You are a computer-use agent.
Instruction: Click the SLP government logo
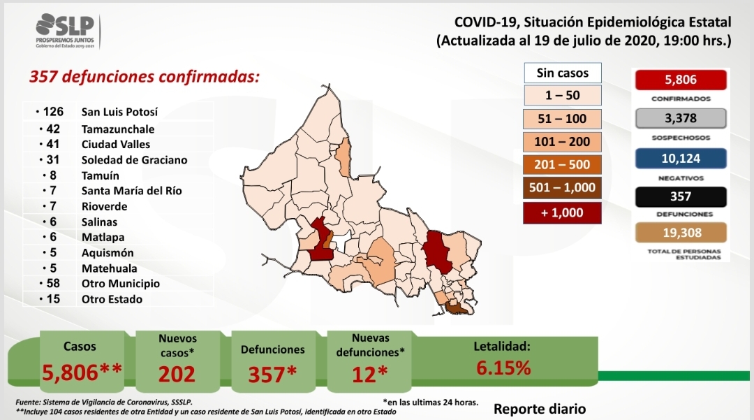pos(66,31)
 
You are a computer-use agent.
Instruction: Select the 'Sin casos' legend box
pos(563,73)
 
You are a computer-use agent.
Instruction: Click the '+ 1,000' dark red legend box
pos(562,212)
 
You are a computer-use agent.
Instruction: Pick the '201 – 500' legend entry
pos(562,164)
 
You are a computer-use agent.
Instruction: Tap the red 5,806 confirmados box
pos(681,80)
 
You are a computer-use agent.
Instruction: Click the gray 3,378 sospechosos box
pos(681,118)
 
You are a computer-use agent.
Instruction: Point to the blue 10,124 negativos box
pos(681,158)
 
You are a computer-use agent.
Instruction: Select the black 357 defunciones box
pos(681,197)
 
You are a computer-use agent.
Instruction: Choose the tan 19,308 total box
pos(681,233)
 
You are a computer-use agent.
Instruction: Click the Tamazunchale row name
pos(118,129)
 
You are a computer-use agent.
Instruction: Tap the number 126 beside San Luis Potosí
pos(53,112)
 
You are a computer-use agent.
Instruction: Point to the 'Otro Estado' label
pos(112,299)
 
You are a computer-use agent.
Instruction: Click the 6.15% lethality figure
pos(503,368)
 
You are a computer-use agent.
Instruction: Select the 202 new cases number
pos(177,375)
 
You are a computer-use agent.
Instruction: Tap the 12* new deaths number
pos(370,375)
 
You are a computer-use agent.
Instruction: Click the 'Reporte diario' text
pos(540,409)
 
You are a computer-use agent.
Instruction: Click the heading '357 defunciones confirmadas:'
pos(145,76)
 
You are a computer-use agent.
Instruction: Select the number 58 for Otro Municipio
pos(53,283)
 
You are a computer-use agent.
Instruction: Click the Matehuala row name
pos(109,268)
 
